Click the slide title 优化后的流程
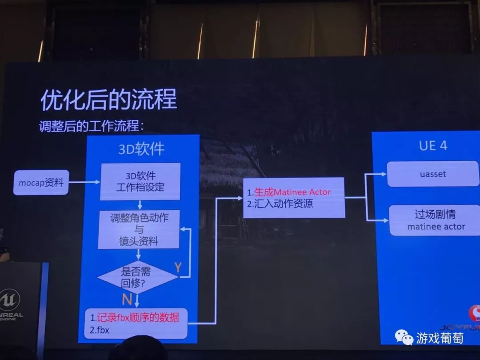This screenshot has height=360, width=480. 109,99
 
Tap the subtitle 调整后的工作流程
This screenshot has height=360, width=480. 92,125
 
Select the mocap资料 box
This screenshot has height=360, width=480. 41,182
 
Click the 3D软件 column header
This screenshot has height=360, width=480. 141,149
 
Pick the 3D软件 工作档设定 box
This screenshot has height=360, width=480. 140,181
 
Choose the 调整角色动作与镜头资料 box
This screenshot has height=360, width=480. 139,229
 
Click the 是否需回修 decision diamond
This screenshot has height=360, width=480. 137,277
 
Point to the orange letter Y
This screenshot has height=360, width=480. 178,267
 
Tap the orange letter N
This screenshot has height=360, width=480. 127,299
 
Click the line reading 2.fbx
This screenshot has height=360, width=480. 100,330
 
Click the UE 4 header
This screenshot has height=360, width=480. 433,145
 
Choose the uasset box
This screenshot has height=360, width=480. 433,174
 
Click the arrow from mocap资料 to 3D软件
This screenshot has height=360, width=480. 84,182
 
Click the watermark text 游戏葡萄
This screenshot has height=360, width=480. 440,338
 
